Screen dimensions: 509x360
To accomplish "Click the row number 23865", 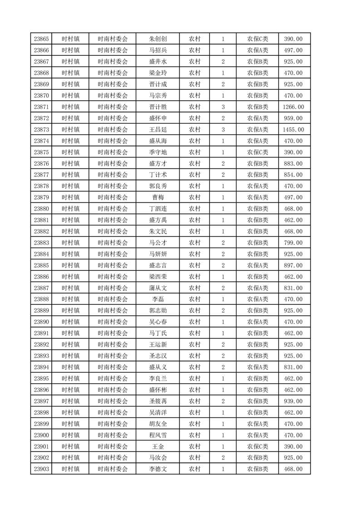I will [x=41, y=39].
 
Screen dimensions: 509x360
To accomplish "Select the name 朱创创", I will [x=158, y=39].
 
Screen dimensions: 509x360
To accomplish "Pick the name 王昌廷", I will [x=158, y=130].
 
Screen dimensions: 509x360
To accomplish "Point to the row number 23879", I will [x=41, y=197].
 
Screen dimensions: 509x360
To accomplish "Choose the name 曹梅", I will [x=158, y=197].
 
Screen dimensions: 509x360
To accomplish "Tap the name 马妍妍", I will [x=158, y=254].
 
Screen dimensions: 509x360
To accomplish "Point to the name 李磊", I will [x=158, y=299].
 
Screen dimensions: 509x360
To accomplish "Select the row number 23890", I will [x=41, y=322].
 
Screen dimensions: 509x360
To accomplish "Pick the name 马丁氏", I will [x=158, y=333].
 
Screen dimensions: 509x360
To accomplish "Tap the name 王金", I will [x=158, y=446].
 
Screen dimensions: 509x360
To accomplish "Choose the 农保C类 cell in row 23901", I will [x=257, y=446].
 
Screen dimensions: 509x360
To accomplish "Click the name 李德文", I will [x=158, y=469].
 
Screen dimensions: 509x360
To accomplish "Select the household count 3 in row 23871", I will [x=223, y=107].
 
